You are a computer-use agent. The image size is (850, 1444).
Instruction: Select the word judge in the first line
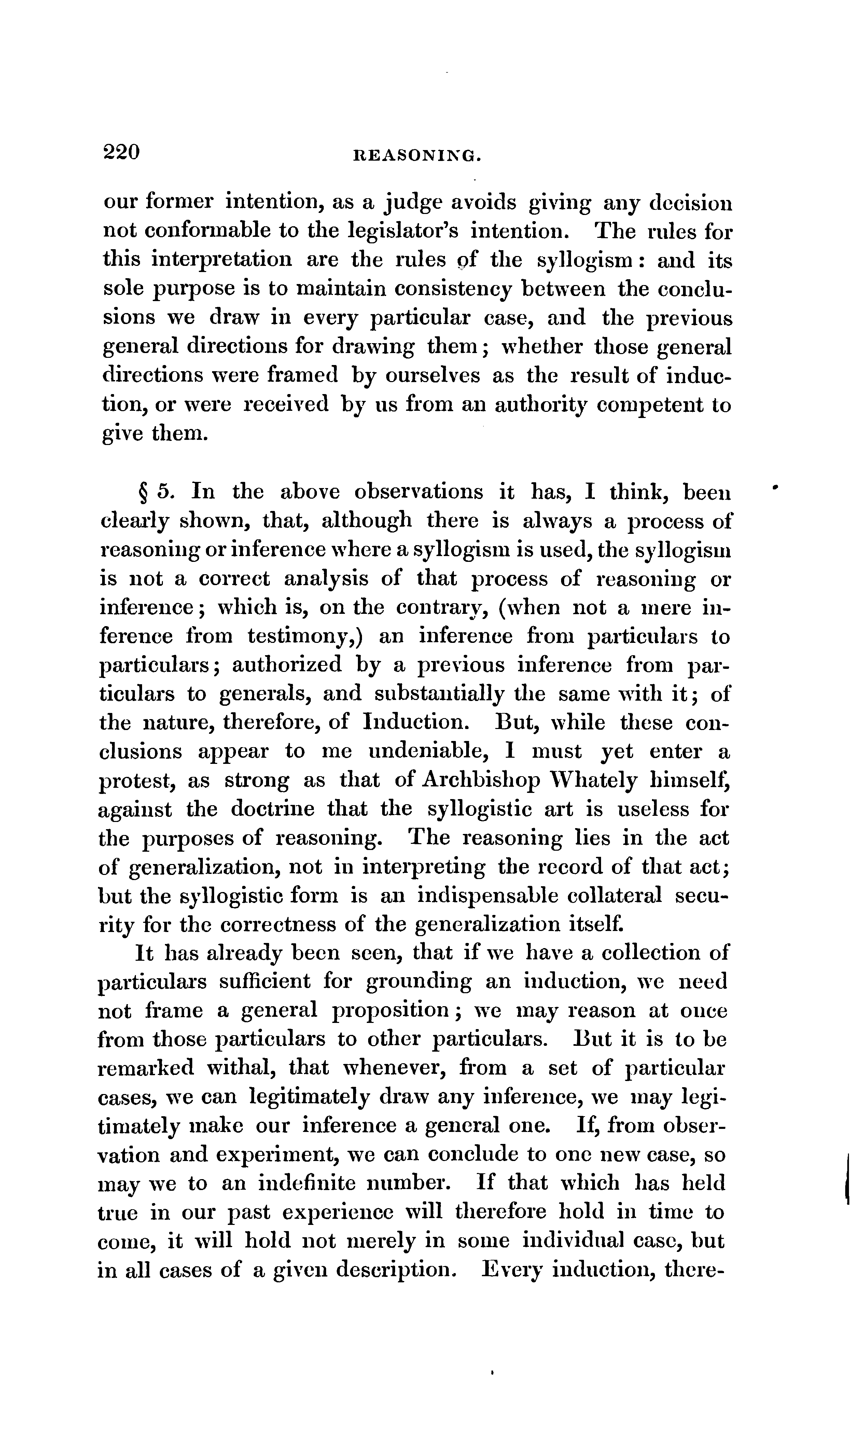coord(413,203)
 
